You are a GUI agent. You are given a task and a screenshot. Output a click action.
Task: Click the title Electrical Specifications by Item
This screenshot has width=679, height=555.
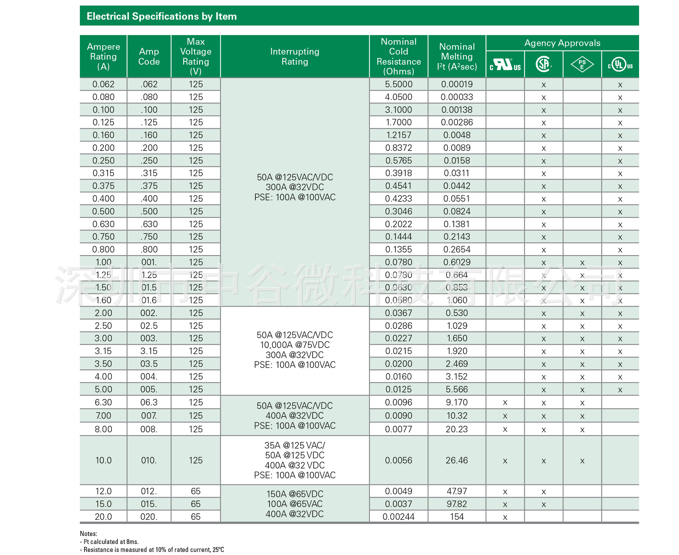pos(162,16)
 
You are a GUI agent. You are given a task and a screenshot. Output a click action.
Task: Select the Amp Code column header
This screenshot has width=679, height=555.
pos(149,57)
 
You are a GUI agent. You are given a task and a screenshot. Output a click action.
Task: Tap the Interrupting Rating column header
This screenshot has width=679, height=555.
pos(295,57)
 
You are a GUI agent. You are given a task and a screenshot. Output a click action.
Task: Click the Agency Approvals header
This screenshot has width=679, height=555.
pos(562,43)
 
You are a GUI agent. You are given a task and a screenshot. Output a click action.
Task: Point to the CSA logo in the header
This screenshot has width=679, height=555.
pos(543,65)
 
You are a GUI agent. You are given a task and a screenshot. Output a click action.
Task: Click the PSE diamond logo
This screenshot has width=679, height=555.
pos(582,65)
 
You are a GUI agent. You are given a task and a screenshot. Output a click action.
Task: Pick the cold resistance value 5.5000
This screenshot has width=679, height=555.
pos(399,84)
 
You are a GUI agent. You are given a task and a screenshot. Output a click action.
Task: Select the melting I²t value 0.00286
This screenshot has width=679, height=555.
pos(457,123)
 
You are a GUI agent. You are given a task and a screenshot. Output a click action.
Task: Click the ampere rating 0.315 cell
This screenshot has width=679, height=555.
pos(103,173)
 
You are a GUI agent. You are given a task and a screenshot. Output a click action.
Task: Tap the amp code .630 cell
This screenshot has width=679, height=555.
pos(149,224)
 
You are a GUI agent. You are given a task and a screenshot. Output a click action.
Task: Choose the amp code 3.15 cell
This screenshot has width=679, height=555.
pos(149,351)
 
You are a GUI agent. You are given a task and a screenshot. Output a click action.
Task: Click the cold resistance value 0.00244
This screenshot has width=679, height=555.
pos(399,517)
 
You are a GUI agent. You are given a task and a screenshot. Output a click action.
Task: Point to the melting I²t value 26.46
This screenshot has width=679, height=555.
pos(457,460)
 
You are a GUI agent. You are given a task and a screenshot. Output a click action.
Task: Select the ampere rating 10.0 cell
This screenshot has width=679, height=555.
pos(103,460)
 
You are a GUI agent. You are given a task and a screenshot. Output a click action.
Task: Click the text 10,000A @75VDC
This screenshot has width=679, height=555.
pos(295,345)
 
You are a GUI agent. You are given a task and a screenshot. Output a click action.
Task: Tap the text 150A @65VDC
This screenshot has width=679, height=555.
pos(295,494)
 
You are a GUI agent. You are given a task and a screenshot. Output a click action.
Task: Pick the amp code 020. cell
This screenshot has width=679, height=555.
pos(149,517)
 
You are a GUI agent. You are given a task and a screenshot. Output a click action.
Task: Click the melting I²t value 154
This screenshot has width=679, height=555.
pos(457,517)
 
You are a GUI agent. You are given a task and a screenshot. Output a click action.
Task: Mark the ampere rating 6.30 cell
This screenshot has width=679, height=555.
pos(103,402)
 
